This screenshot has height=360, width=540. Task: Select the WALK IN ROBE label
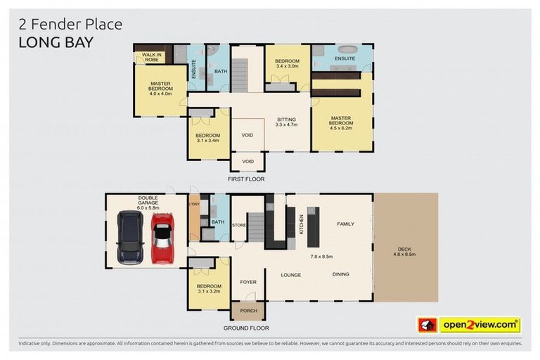coord(150,57)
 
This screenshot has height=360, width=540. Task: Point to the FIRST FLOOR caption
coord(246,179)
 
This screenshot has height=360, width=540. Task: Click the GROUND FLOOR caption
coord(246,328)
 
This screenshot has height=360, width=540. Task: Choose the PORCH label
coord(248,310)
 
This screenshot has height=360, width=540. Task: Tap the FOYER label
coord(247,282)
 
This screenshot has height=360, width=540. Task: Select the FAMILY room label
coord(345,224)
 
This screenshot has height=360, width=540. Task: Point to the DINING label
coord(340,274)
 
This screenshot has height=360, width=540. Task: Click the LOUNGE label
coord(291,274)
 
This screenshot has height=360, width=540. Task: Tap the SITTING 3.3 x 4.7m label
coord(286,122)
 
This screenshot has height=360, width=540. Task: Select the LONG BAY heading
coord(56,41)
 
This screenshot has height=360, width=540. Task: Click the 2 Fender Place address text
coord(70,25)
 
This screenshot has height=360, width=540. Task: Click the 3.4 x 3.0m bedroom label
coord(287,65)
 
